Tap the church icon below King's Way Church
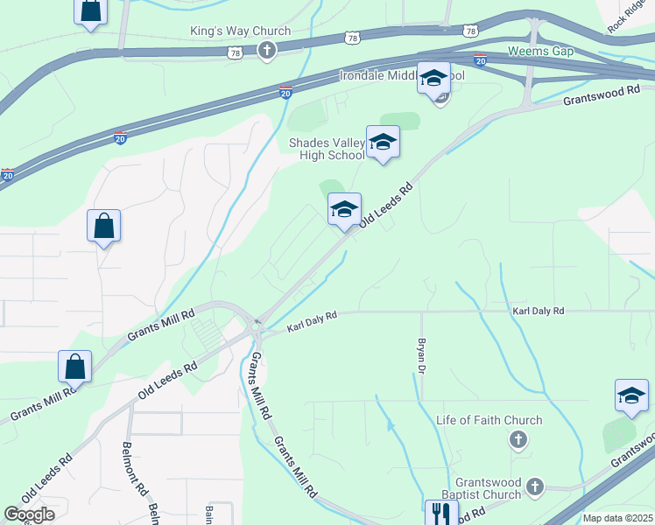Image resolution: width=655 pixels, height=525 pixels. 266,51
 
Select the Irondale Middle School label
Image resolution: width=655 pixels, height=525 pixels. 402,76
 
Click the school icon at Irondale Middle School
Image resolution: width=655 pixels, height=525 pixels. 433,79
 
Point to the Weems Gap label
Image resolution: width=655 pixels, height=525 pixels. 540,52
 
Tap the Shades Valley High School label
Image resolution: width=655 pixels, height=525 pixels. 327,149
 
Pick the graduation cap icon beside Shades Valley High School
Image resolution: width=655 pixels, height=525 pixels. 383,142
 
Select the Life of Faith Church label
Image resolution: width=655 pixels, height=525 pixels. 489,420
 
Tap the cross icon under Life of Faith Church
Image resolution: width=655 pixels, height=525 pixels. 518,438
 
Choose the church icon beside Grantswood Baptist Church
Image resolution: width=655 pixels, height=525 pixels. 536,486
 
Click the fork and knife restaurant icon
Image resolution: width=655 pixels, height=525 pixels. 439,514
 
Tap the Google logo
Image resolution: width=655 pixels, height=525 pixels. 29,514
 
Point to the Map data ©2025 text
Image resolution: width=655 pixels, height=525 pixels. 617,518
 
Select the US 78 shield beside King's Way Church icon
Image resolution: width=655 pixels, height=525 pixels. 234,53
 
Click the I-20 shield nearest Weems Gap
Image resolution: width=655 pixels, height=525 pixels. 480,59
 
